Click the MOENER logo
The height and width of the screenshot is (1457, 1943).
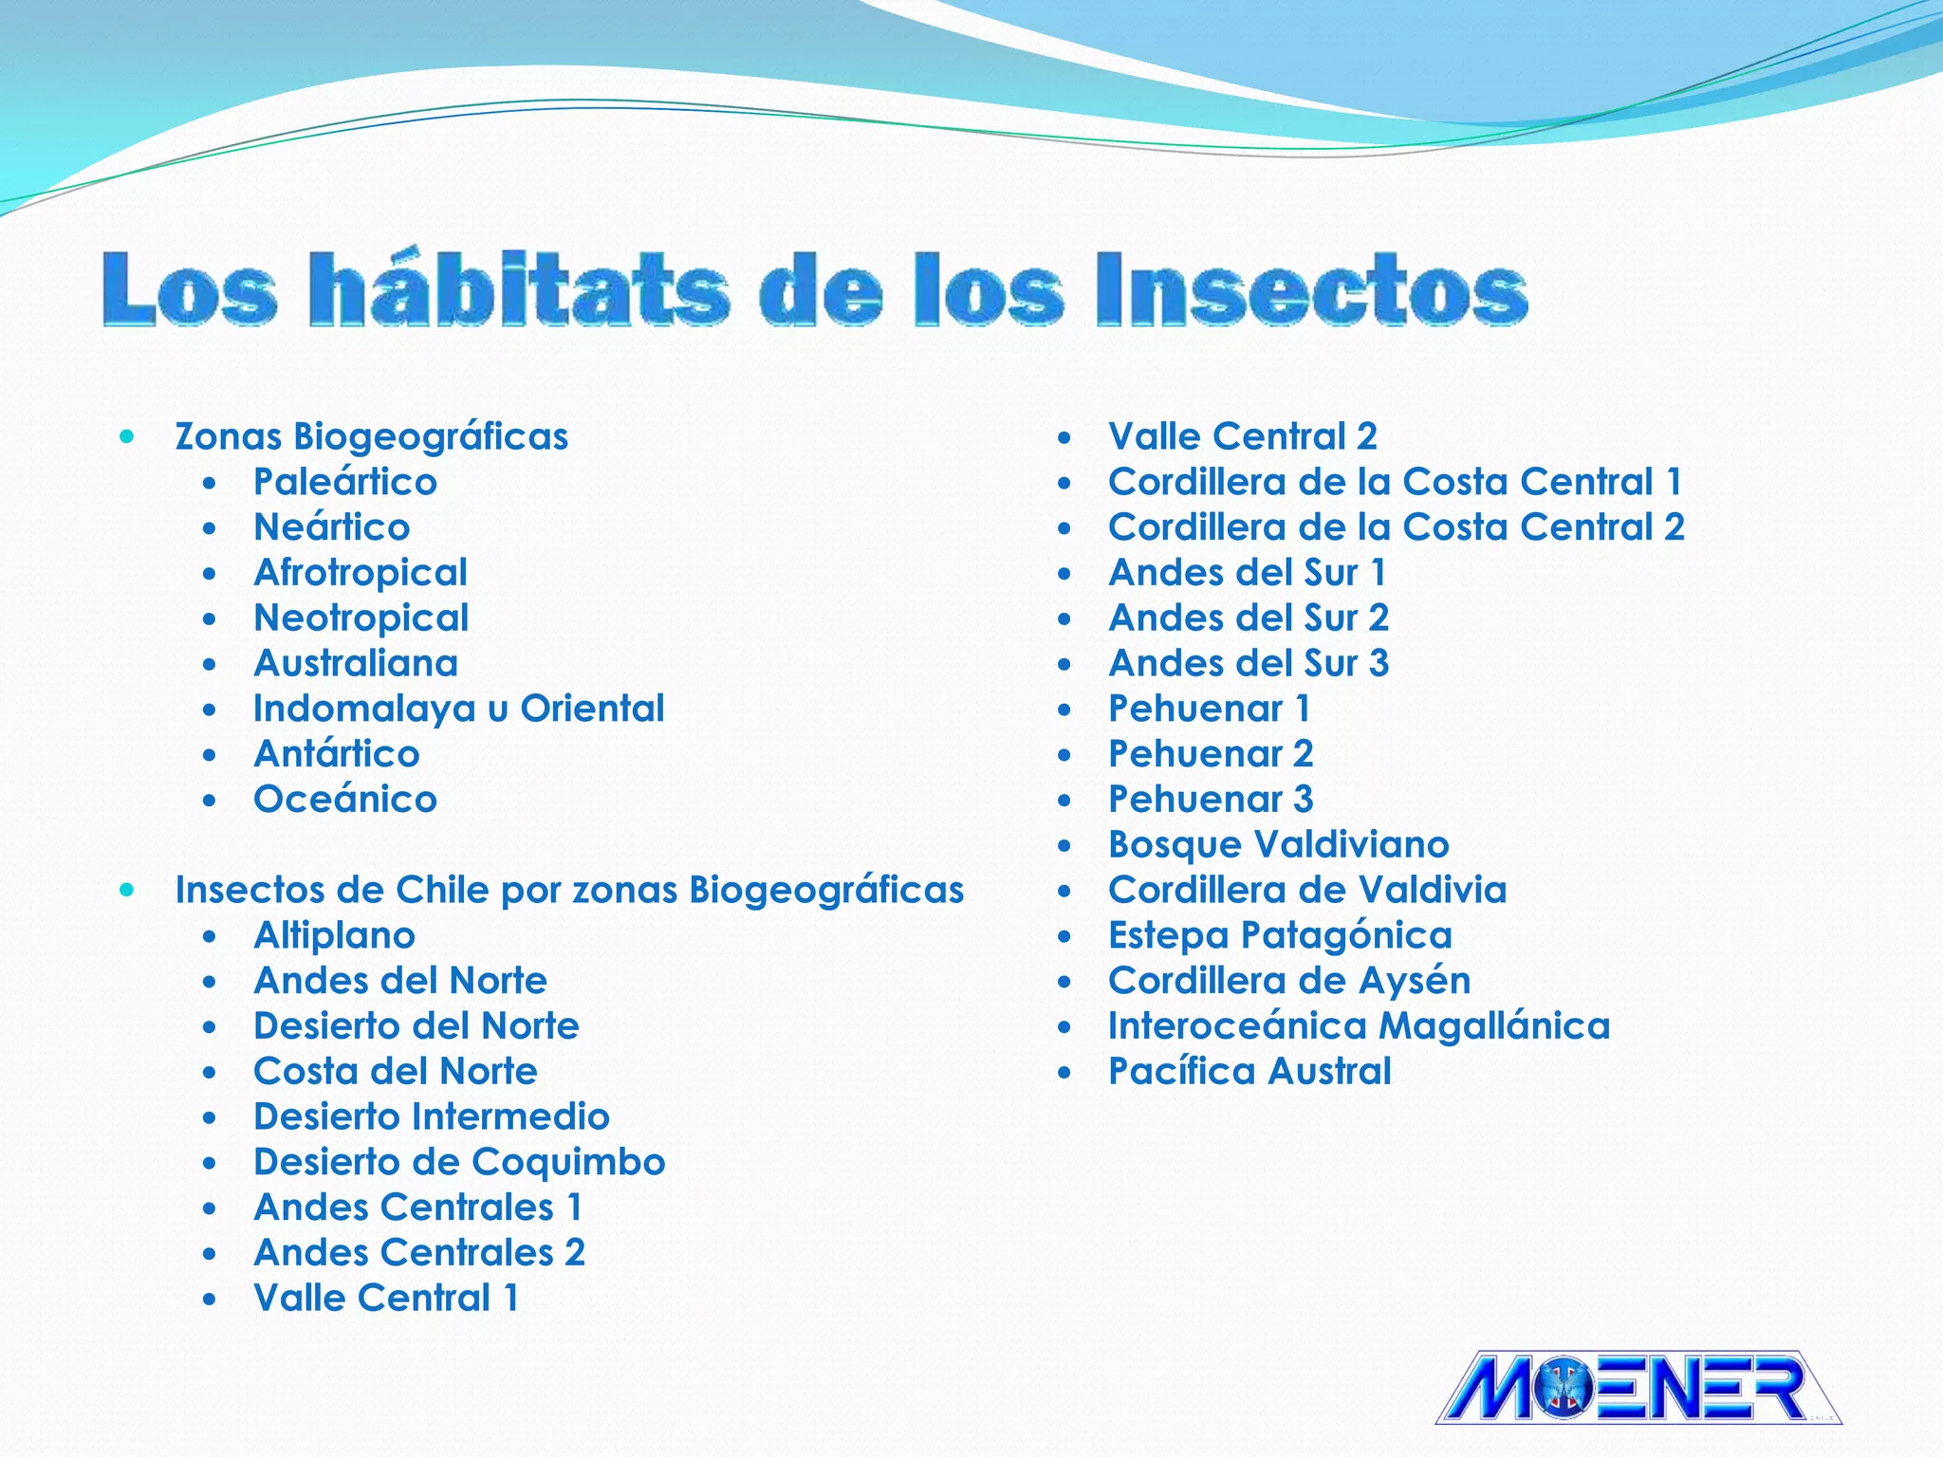click(x=1638, y=1387)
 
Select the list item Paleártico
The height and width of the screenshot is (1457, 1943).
click(x=345, y=482)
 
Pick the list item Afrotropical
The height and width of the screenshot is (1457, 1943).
click(x=361, y=573)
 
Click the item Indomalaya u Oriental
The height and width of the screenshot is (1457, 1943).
click(x=459, y=709)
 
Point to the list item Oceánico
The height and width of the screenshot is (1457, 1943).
click(x=345, y=800)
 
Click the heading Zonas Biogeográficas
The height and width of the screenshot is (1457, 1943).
click(x=371, y=436)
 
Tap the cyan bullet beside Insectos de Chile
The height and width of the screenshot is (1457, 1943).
click(x=127, y=890)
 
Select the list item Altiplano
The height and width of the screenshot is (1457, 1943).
click(x=334, y=935)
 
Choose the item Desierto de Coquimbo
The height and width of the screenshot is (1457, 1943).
click(x=459, y=1162)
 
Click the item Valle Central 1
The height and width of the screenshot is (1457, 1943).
click(x=386, y=1298)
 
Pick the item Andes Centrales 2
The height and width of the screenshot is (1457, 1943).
click(x=419, y=1252)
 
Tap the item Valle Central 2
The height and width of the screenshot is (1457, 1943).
click(x=1243, y=436)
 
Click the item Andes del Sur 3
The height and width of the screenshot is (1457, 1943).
click(x=1249, y=663)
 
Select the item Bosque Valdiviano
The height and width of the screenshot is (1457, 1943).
click(x=1279, y=844)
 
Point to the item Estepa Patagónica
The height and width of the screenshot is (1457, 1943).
click(x=1280, y=935)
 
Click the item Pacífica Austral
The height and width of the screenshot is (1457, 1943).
click(x=1249, y=1071)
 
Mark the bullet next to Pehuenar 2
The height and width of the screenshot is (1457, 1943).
click(x=1064, y=755)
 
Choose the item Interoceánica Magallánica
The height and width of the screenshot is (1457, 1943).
click(x=1359, y=1025)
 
